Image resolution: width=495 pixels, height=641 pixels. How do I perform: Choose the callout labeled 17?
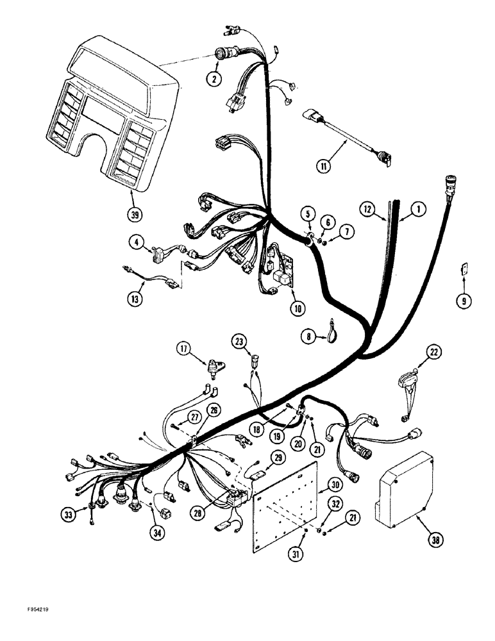(x=185, y=349)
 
